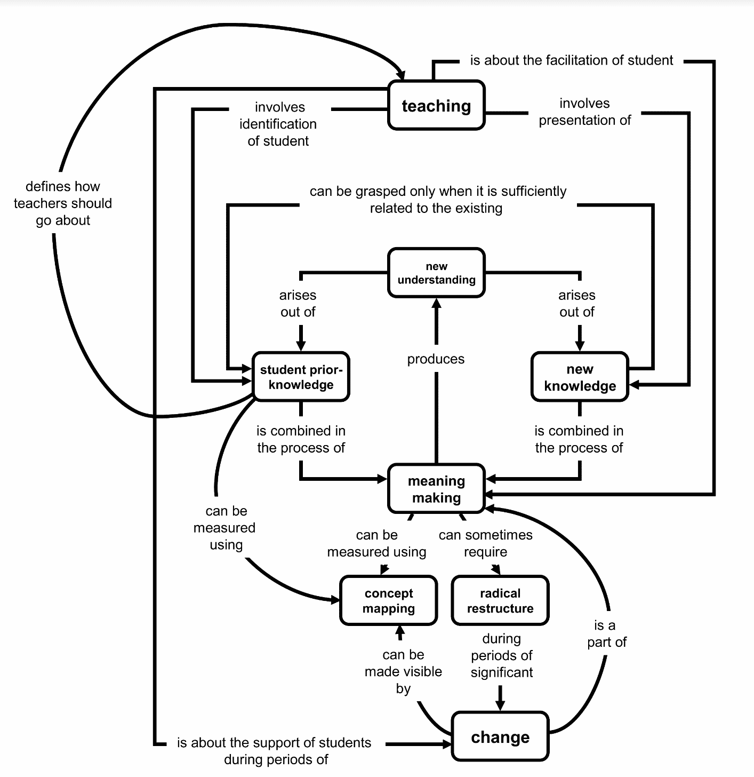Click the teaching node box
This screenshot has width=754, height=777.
[x=436, y=106]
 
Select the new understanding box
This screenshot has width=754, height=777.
[x=436, y=273]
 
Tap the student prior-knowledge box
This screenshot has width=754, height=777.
[x=301, y=377]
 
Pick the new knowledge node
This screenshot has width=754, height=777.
[x=580, y=377]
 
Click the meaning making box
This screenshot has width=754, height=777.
[x=436, y=489]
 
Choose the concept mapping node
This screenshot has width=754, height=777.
[x=389, y=600]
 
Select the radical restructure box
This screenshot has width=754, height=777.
[x=500, y=600]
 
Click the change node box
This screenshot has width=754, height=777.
[x=500, y=736]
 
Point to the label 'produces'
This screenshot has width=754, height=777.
[x=436, y=359]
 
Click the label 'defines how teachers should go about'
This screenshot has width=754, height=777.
[x=63, y=203]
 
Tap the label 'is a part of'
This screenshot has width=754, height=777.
[x=606, y=633]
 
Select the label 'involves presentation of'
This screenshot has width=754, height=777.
[x=584, y=112]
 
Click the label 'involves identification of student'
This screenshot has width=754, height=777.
[x=278, y=124]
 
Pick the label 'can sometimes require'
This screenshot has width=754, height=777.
[x=485, y=543]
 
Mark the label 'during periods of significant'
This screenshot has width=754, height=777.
[x=501, y=655]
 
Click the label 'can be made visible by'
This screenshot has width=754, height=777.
[x=403, y=671]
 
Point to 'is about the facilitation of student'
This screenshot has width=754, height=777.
[x=571, y=60]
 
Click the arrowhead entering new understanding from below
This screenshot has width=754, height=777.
[x=436, y=303]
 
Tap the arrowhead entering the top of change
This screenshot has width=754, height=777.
[x=500, y=705]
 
